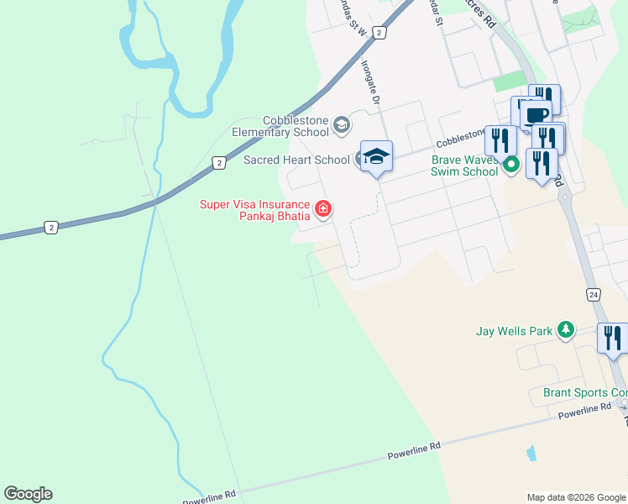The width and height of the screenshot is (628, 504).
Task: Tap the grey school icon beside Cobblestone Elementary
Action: pyautogui.click(x=341, y=126)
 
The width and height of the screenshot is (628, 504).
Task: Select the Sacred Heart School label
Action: pyautogui.click(x=296, y=160)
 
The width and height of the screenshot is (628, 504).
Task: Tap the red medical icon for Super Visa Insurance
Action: pyautogui.click(x=322, y=208)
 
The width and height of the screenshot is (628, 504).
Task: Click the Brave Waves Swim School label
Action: pyautogui.click(x=464, y=165)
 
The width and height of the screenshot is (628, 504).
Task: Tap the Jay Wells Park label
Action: pyautogui.click(x=514, y=331)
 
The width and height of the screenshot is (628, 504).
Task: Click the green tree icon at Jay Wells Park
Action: pyautogui.click(x=567, y=330)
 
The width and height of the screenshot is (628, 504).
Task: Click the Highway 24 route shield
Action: pyautogui.click(x=594, y=294)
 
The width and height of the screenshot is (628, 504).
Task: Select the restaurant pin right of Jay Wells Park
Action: pyautogui.click(x=612, y=339)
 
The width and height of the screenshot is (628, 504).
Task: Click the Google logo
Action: pyautogui.click(x=28, y=494)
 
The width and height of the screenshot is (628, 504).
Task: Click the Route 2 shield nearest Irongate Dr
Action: pyautogui.click(x=379, y=33)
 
